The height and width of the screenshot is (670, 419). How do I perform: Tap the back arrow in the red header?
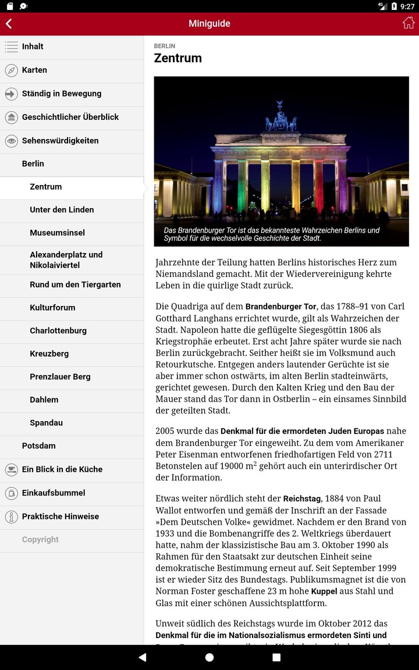9,24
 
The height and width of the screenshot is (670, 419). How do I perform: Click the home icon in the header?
409,23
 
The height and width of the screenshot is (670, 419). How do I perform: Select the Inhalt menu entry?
33,47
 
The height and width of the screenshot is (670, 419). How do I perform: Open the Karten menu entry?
34,70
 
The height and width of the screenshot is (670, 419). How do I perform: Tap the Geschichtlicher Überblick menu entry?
70,117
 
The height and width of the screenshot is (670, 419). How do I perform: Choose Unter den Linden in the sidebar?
62,209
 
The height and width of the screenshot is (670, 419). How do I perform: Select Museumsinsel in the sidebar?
57,233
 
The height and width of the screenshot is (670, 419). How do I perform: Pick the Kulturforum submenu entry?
52,308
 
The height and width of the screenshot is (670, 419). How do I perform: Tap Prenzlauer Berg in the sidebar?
60,377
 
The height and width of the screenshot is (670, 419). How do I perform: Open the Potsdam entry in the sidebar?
38,446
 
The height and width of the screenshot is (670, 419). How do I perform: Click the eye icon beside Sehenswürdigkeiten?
11,141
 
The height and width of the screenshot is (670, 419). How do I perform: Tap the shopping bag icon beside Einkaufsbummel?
11,493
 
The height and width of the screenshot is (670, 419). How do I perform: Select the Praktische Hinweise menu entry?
60,516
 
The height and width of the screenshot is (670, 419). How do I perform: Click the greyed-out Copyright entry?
40,540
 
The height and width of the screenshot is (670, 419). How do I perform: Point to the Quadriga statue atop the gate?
281,117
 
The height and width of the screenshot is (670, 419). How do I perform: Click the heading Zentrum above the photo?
177,58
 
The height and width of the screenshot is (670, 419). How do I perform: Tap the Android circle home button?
210,657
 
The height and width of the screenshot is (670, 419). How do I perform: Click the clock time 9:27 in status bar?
407,6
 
